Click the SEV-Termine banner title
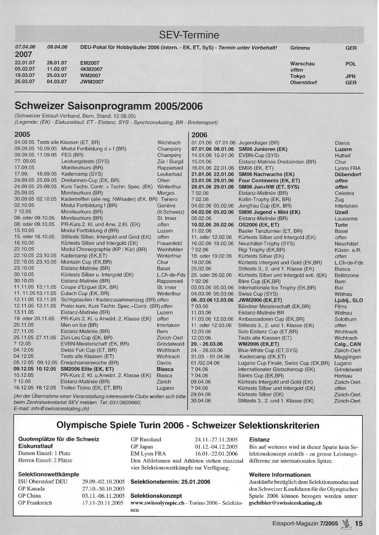[189, 35]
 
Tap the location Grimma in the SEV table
[300, 48]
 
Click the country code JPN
[350, 76]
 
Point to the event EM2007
[90, 63]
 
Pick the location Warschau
[302, 64]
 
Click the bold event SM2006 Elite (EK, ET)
[87, 369]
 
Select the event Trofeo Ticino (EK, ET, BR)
[91, 388]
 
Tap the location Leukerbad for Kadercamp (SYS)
[169, 174]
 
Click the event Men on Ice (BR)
[80, 325]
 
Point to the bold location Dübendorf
[348, 175]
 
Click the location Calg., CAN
[348, 344]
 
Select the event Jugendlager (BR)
[259, 143]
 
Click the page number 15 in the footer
[359, 524]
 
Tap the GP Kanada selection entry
[31, 489]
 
